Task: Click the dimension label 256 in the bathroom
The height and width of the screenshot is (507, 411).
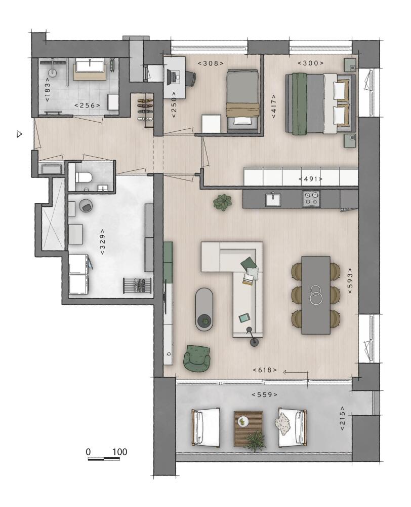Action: coord(87,105)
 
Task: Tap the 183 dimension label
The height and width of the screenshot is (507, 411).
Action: coord(48,90)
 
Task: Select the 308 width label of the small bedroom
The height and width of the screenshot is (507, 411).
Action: coord(211,63)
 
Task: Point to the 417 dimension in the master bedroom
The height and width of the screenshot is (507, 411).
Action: coord(274,106)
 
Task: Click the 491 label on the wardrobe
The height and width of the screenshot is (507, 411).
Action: coord(311,179)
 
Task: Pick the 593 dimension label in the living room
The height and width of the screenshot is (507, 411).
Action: coord(351,281)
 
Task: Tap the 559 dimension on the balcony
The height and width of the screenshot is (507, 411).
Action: coord(264,394)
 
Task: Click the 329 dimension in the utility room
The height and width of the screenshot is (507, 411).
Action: coord(102,242)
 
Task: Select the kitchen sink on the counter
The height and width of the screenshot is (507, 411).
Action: coord(273,199)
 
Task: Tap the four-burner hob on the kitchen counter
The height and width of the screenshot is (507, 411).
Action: coord(311,199)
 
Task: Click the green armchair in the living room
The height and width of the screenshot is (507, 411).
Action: coord(196,357)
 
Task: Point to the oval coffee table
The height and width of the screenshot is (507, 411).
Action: coord(204,309)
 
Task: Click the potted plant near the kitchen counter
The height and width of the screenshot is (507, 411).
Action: coord(222,203)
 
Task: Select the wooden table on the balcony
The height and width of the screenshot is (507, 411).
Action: coord(249,429)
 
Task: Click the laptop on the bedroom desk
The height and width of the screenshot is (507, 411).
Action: coord(173,77)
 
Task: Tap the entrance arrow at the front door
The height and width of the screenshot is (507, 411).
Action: coord(20,134)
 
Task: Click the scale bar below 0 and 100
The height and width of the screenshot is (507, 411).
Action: coord(104,458)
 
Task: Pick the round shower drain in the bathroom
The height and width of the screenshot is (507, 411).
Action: coord(53,73)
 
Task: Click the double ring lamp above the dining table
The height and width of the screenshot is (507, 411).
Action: coord(315,295)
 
